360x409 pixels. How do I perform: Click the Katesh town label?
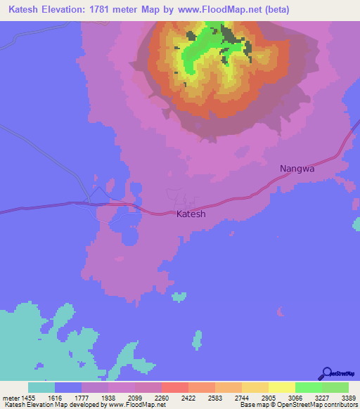(x=191, y=214)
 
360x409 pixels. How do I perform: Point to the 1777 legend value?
(x=82, y=398)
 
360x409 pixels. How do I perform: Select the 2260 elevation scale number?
(x=162, y=398)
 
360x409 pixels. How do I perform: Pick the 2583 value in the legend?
(x=216, y=398)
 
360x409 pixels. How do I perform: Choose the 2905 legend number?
(x=269, y=398)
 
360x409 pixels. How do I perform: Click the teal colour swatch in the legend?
(x=41, y=387)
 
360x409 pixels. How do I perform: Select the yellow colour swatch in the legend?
(x=282, y=387)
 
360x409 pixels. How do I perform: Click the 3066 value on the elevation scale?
(x=296, y=398)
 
